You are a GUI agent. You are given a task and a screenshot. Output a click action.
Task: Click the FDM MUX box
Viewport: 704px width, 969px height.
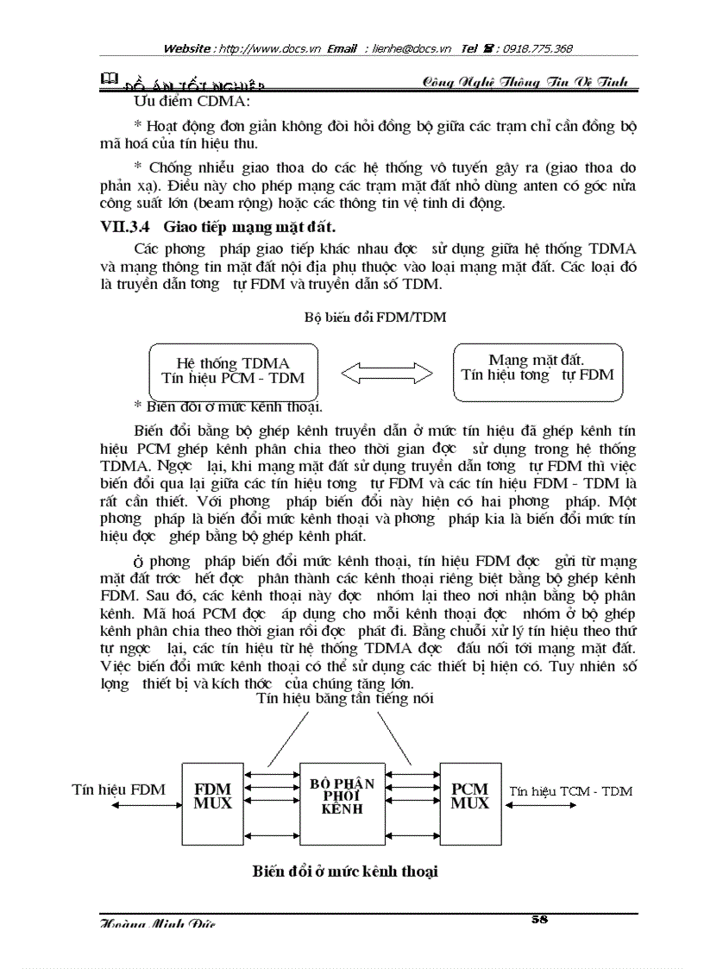[212, 796]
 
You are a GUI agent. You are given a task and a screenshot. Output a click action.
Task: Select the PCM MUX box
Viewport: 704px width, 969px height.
[469, 796]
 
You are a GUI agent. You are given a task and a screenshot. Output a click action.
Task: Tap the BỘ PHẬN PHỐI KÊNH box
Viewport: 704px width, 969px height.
[342, 796]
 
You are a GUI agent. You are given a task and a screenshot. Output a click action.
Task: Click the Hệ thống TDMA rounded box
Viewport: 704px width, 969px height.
[233, 371]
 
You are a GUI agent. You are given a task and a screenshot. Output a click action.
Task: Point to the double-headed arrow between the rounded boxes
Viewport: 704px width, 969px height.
[386, 373]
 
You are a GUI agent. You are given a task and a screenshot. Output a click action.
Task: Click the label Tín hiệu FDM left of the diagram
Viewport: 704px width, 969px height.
[111, 790]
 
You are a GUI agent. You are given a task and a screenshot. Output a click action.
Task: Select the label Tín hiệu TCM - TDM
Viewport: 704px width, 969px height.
[570, 790]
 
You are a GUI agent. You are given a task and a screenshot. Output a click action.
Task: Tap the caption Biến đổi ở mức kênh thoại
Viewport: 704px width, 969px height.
[345, 871]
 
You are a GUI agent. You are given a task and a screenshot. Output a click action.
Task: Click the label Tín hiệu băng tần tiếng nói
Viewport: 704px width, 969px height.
[345, 699]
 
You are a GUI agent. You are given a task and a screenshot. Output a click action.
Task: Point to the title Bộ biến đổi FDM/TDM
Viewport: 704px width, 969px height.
[375, 317]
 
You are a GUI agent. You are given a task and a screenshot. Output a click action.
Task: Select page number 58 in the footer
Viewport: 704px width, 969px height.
[540, 920]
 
